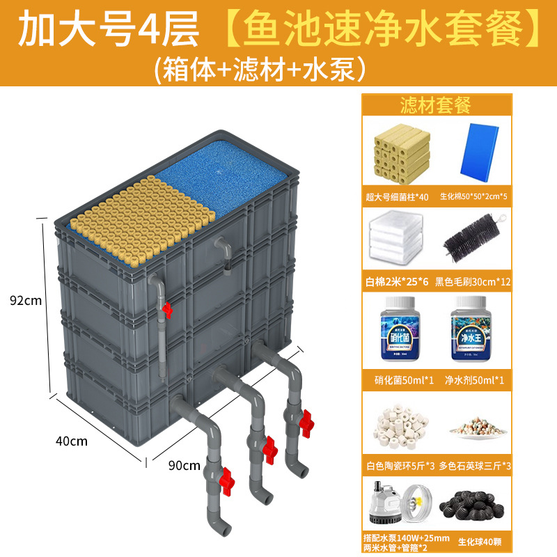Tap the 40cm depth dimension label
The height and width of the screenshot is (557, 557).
click(72, 441)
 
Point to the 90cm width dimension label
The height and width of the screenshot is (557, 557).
click(184, 464)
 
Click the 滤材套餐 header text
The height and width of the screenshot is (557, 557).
click(436, 105)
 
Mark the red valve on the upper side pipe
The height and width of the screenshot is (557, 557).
click(167, 310)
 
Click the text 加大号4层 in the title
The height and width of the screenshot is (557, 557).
click(109, 29)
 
